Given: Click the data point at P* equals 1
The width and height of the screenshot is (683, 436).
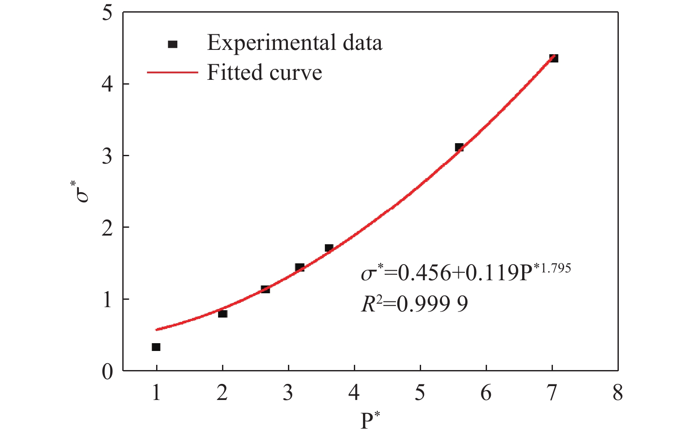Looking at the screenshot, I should (x=156, y=347).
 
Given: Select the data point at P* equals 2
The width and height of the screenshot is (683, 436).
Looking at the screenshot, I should (x=222, y=313).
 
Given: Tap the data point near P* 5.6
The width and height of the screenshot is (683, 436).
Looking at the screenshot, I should (x=459, y=148).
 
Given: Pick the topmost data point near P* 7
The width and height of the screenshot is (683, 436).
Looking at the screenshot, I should (x=553, y=58).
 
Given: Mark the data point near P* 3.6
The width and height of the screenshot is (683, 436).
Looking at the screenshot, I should (x=329, y=248).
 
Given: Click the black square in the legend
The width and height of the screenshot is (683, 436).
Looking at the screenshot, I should (x=173, y=44).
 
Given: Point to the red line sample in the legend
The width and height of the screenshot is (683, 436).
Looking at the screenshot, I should (x=173, y=72).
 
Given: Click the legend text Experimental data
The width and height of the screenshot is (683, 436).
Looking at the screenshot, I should (x=294, y=43).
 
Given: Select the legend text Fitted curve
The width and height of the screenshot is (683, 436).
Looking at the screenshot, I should (x=265, y=72).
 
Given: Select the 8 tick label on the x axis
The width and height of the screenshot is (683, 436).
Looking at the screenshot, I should (x=618, y=393).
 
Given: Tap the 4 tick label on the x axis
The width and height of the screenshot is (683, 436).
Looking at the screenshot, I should (x=354, y=393).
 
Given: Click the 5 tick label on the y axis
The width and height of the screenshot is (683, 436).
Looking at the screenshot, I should (x=107, y=13).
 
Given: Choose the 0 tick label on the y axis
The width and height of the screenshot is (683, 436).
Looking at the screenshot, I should (x=107, y=371).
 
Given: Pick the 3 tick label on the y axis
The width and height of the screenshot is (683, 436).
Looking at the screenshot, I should (x=107, y=156).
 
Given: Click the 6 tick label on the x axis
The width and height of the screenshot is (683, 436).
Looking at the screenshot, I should (x=486, y=393).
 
